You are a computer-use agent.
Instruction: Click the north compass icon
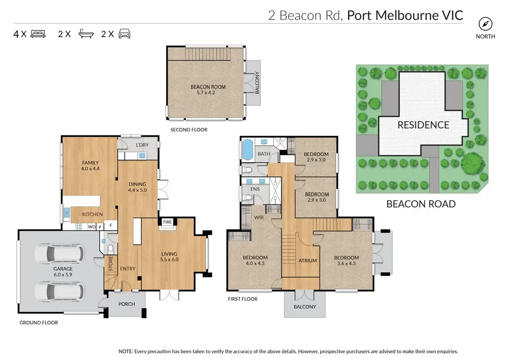pos(485,24)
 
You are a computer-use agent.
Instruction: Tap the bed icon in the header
pos(38,34)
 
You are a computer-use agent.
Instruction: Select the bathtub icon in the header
pos(86,34)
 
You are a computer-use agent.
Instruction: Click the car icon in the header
pos(124,34)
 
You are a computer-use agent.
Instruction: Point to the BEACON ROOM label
pos(208,87)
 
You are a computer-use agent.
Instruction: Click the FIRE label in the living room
pos(168,222)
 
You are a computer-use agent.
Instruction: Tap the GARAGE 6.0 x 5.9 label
pos(63,271)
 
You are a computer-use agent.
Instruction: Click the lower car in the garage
pos(59,291)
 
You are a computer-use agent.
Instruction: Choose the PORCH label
pos(127,304)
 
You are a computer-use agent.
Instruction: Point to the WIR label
pos(259,217)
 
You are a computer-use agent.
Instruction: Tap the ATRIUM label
pos(308,261)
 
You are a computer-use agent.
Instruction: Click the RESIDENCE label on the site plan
pos(424,125)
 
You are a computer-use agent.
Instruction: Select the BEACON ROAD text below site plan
pos(421,204)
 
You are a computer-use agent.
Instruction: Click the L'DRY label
pos(142,145)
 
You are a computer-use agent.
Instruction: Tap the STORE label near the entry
pos(111,264)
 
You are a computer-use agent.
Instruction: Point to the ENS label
pos(255,189)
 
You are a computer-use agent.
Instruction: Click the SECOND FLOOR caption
pos(189,129)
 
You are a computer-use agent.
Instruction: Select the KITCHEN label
pos(92,214)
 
